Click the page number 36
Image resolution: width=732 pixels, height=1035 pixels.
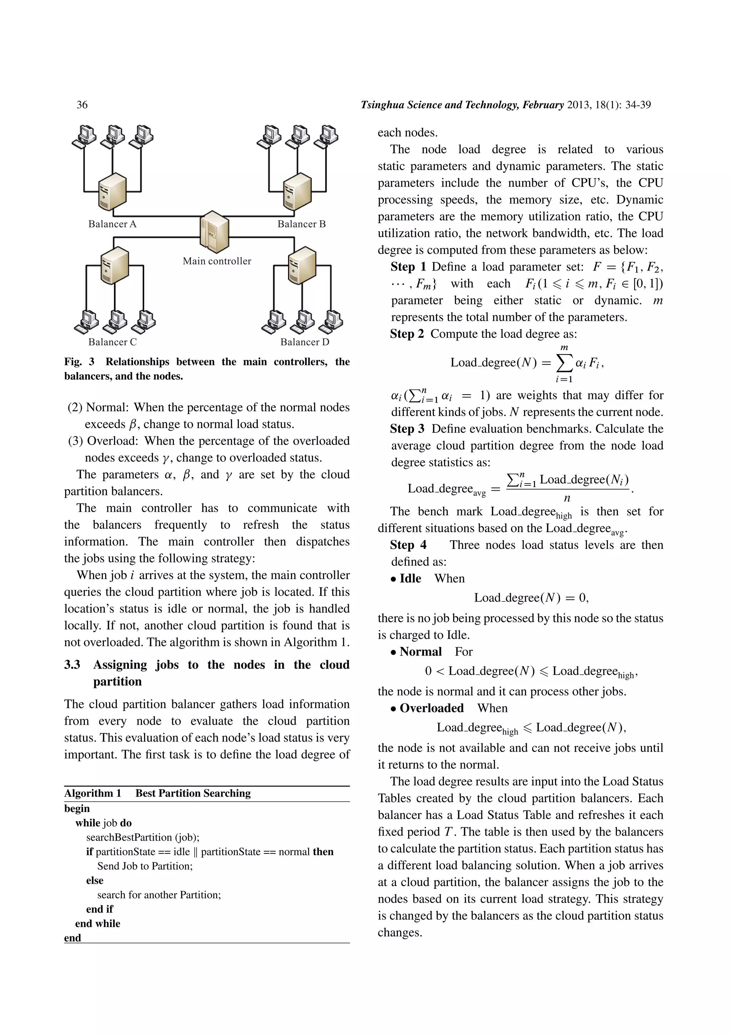tap(82, 105)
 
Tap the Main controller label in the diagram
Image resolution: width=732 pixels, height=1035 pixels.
tap(217, 261)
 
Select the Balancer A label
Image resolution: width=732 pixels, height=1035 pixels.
tap(112, 224)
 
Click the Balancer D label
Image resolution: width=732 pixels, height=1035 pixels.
tap(305, 342)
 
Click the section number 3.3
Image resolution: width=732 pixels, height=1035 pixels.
tap(72, 665)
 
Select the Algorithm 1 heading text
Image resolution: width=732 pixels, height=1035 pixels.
tap(93, 793)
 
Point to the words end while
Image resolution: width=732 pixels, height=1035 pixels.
tap(98, 923)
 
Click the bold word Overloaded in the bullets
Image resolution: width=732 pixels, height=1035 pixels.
tap(431, 708)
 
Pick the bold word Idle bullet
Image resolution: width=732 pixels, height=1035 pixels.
tap(410, 579)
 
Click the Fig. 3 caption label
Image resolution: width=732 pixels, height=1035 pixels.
tap(79, 362)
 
